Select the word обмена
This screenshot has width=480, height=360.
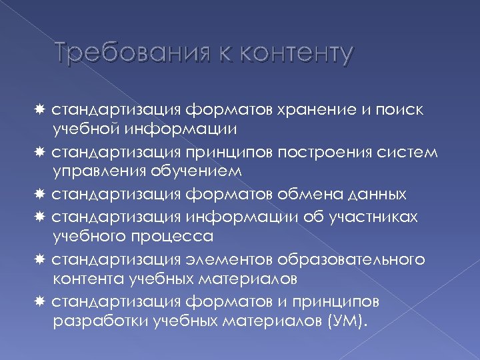click(304, 195)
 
